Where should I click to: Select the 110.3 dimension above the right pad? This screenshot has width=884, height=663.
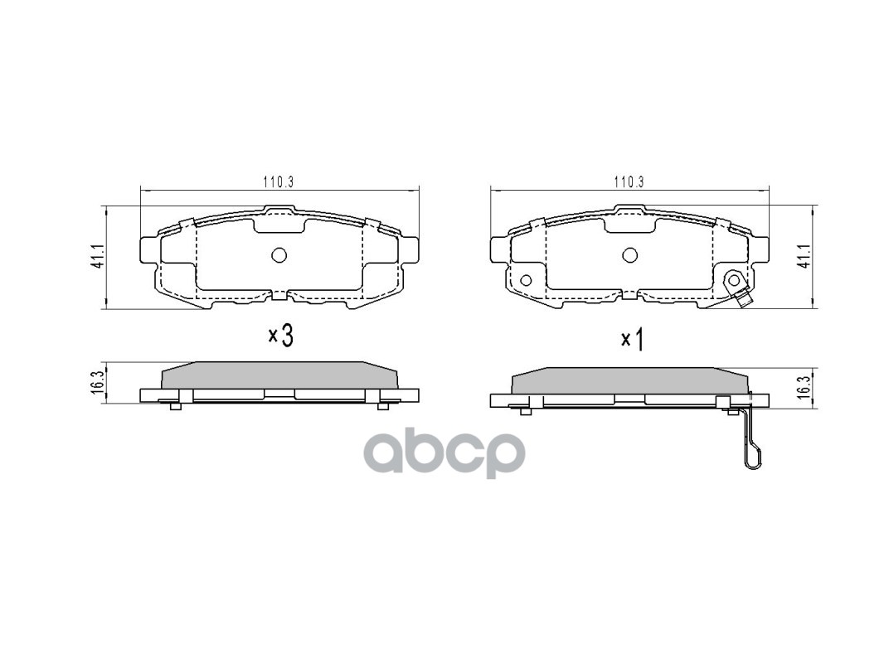pyautogui.click(x=629, y=182)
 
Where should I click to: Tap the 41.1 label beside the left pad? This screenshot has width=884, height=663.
pyautogui.click(x=98, y=257)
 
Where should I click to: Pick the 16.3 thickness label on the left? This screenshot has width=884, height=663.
pyautogui.click(x=98, y=383)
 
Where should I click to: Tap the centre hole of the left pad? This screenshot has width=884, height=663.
pyautogui.click(x=279, y=255)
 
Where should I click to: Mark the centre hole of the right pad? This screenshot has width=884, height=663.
pyautogui.click(x=629, y=255)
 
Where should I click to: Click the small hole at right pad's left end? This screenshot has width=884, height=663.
pyautogui.click(x=524, y=279)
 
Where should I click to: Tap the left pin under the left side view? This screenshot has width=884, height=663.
pyautogui.click(x=175, y=405)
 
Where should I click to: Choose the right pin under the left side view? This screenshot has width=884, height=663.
pyautogui.click(x=382, y=405)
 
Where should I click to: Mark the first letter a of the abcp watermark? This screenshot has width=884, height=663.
pyautogui.click(x=386, y=452)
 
